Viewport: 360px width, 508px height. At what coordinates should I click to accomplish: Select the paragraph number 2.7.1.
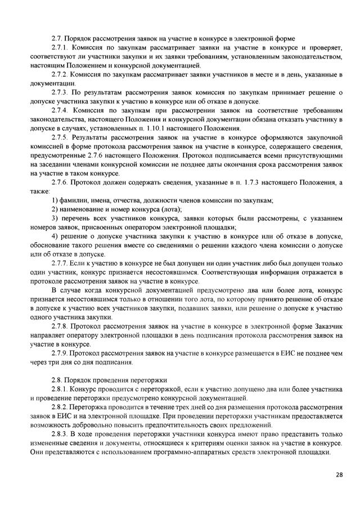point(60,47)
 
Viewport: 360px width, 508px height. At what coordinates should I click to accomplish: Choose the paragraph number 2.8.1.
point(60,389)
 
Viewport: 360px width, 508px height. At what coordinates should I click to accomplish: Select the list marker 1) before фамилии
point(55,200)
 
